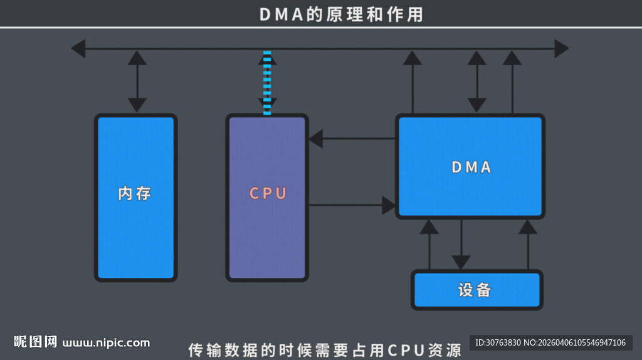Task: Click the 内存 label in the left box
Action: [135, 193]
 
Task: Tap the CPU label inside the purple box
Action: [268, 193]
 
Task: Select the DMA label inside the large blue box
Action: [471, 167]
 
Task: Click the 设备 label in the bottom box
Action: [475, 290]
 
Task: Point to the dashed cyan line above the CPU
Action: [267, 83]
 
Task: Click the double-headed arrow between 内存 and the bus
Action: [137, 82]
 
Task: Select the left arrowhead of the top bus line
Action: [78, 48]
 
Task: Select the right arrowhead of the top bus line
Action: [561, 48]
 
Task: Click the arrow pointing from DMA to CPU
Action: [351, 139]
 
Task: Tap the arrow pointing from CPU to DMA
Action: [351, 205]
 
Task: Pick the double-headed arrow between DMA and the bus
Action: [477, 82]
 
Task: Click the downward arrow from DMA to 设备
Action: [461, 245]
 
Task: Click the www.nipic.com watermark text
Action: [107, 342]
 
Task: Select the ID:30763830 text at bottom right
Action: [498, 342]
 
